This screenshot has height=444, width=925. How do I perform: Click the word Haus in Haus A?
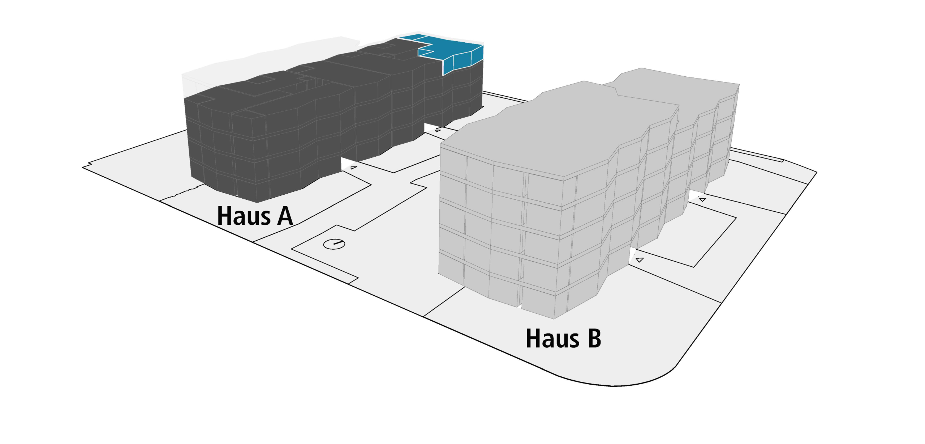pos(243,216)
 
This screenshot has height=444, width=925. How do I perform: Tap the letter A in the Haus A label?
pos(285,216)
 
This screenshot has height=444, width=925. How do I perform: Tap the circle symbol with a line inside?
pos(334,244)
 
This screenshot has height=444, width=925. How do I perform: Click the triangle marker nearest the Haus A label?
pos(353,168)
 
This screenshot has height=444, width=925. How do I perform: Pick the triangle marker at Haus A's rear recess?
pos(438,130)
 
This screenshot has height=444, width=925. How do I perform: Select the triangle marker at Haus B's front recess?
pos(640,259)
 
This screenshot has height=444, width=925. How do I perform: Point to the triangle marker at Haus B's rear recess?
pos(702,199)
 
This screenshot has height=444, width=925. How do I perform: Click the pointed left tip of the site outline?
pos(84,167)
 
